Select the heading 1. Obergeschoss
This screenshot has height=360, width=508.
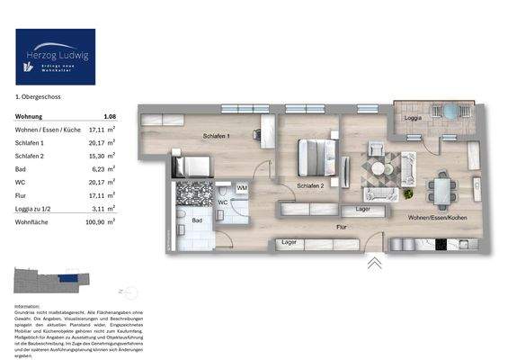pos(37,95)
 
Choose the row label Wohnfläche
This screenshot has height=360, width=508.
pos(33,219)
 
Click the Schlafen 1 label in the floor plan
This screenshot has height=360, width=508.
pos(217,136)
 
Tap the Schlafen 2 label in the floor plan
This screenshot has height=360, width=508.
pos(310,187)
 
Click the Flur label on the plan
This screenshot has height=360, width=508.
pos(342,228)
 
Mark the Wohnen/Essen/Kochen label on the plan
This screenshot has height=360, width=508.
pos(436,219)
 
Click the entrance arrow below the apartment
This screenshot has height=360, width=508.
pos(374,263)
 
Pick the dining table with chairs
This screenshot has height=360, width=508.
pos(441,187)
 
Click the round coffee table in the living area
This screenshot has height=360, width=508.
pos(379,167)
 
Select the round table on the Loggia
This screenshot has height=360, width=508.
pos(450,112)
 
